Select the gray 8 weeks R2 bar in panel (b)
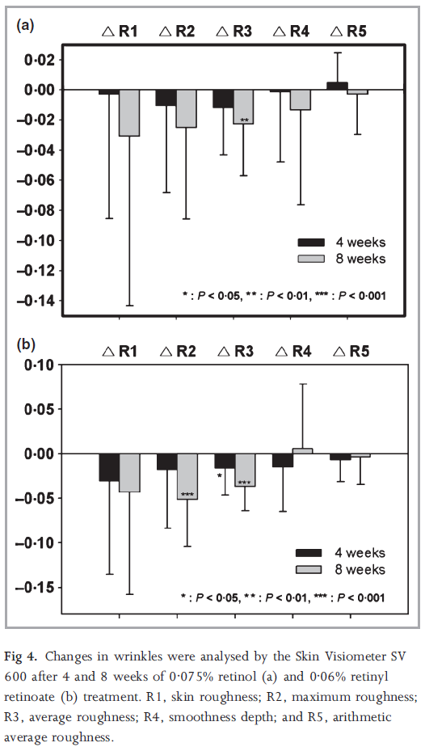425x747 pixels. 187,476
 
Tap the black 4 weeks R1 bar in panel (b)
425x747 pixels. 109,467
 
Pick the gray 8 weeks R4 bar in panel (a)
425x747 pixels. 301,99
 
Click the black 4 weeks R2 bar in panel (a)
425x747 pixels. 166,98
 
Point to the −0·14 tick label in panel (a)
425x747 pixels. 36,301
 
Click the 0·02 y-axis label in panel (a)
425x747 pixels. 39,60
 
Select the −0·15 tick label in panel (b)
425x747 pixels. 36,588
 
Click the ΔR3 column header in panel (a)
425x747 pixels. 234,32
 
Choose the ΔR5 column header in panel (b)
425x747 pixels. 351,352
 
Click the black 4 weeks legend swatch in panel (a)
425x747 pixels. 311,242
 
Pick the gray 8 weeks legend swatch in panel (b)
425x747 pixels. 309,569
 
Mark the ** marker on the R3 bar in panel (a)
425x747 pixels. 245,120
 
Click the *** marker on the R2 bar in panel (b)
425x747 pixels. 187,495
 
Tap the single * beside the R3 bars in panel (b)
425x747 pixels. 220,476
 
